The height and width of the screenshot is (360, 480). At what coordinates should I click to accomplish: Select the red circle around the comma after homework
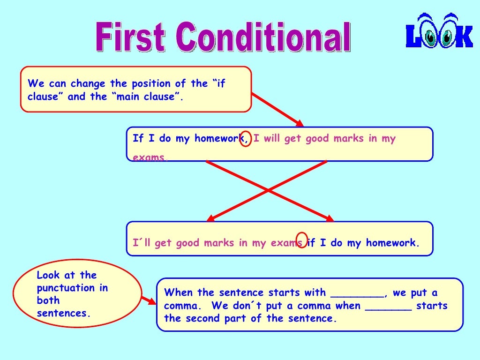[246, 138]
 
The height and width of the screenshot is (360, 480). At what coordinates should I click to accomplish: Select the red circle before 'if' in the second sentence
[302, 240]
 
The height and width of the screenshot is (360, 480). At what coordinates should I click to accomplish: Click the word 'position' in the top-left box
[151, 84]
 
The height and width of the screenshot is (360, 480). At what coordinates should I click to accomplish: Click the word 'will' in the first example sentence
[271, 139]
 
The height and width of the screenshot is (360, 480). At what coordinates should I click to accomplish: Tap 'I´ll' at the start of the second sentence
[142, 243]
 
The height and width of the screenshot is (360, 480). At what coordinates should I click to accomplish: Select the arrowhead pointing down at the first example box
[299, 123]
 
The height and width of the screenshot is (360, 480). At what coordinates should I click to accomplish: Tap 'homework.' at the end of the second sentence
[393, 243]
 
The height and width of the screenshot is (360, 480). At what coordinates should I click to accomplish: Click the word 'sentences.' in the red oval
[63, 313]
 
